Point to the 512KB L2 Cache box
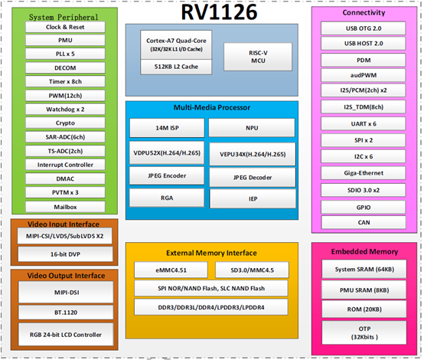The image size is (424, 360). pyautogui.click(x=174, y=67)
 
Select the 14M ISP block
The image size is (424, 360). pyautogui.click(x=166, y=128)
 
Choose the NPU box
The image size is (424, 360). pyautogui.click(x=252, y=128)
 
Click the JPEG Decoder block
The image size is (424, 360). pyautogui.click(x=252, y=178)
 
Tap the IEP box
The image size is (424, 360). pyautogui.click(x=252, y=198)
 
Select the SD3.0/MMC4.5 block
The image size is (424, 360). pyautogui.click(x=253, y=270)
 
